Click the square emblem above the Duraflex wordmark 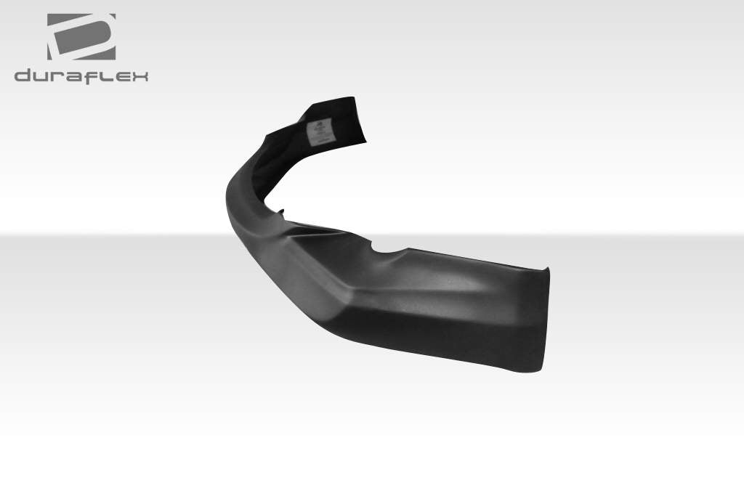(x=81, y=36)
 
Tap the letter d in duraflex (x=24, y=76)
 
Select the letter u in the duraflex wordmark (x=42, y=76)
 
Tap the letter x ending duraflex (x=138, y=76)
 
